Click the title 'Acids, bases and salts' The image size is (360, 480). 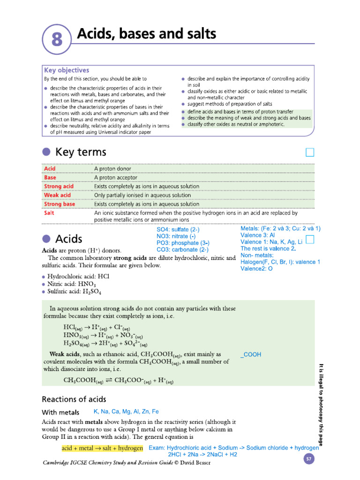[146, 34]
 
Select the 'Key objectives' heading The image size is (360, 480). [67, 70]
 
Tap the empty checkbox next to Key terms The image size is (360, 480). [309, 152]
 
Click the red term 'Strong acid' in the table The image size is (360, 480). [59, 186]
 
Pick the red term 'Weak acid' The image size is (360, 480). [57, 195]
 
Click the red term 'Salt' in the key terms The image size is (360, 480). [49, 213]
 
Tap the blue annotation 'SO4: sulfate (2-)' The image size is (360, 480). [178, 230]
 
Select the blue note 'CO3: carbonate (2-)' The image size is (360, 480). [182, 250]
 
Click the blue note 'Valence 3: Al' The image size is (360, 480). [257, 235]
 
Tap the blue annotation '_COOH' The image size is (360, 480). [251, 355]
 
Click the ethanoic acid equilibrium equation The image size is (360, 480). [118, 381]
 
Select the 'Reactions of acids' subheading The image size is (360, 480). [74, 399]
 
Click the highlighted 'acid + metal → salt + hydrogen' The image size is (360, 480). [102, 448]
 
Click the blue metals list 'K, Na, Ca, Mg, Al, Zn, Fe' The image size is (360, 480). [126, 412]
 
